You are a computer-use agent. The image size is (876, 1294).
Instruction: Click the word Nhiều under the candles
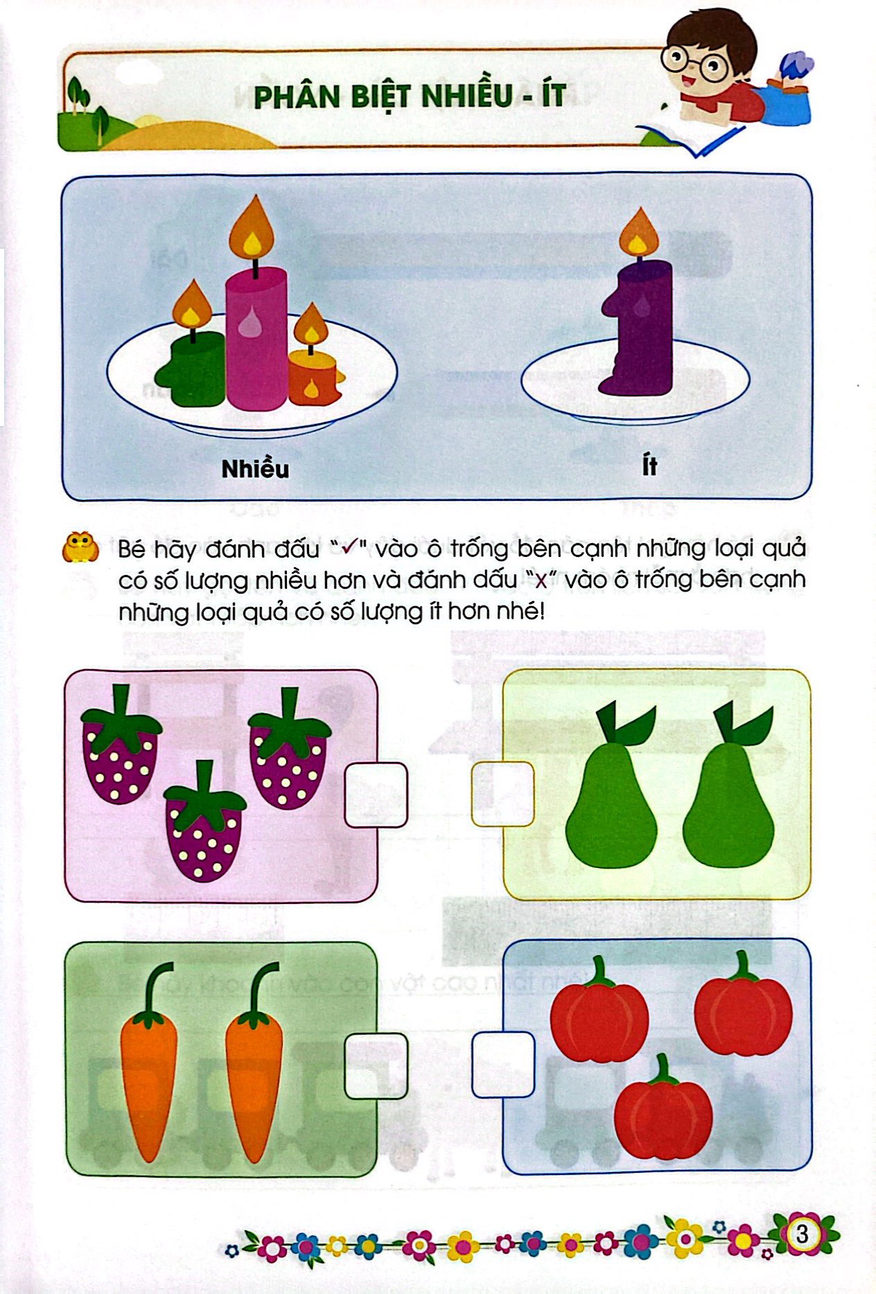click(x=255, y=469)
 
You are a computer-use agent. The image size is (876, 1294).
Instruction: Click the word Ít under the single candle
click(x=649, y=466)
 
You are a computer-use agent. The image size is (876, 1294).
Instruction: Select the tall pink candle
click(x=256, y=339)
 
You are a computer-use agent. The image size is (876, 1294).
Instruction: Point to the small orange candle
click(x=314, y=378)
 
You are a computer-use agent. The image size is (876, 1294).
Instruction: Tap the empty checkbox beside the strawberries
click(x=376, y=795)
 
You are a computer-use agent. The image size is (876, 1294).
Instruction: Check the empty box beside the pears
click(x=502, y=794)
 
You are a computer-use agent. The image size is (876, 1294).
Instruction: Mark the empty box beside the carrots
click(x=376, y=1065)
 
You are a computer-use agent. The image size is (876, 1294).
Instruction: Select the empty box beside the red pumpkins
click(x=503, y=1065)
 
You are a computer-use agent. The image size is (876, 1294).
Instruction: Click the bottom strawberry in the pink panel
click(x=204, y=828)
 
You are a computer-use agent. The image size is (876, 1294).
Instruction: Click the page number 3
click(x=803, y=1234)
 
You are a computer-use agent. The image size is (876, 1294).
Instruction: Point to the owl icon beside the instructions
click(x=80, y=547)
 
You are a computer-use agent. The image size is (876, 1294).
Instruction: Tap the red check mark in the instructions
click(x=345, y=548)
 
